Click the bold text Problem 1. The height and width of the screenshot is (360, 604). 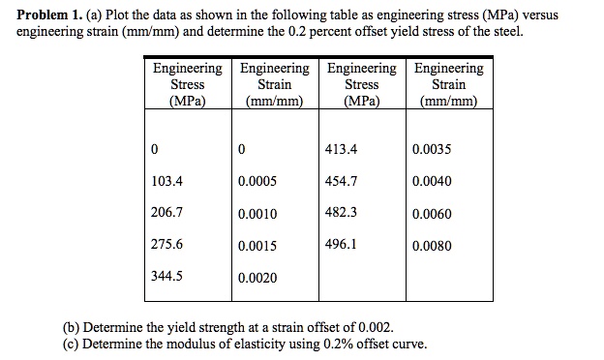pos(45,15)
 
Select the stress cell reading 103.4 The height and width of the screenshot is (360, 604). pos(167,181)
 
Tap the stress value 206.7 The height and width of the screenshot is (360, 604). pos(167,213)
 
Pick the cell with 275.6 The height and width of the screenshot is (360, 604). pos(167,245)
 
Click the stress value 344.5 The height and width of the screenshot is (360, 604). pos(167,277)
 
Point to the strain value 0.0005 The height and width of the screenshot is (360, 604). pos(257,182)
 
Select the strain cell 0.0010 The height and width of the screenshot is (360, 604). pos(257,214)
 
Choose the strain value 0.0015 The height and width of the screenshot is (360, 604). pos(257,246)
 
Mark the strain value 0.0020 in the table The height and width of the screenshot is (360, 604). pos(257,278)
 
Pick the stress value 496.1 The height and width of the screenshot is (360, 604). pos(342,245)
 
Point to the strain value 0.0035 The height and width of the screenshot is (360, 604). pos(432,150)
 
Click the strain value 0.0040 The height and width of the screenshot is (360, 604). pos(432,181)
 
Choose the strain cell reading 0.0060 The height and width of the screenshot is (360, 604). pos(432,214)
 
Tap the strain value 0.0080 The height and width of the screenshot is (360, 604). pos(432,246)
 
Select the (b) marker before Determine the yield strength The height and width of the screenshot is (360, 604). pos(72,327)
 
